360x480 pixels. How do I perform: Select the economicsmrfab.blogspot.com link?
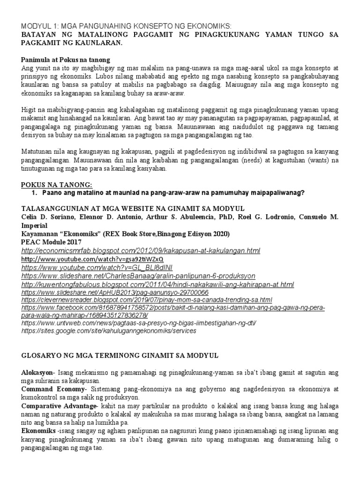tap(141, 251)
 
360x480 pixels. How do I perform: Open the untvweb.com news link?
tap(139, 323)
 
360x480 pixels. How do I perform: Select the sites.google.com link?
tap(109, 331)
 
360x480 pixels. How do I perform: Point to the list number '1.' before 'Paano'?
tap(33, 193)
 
